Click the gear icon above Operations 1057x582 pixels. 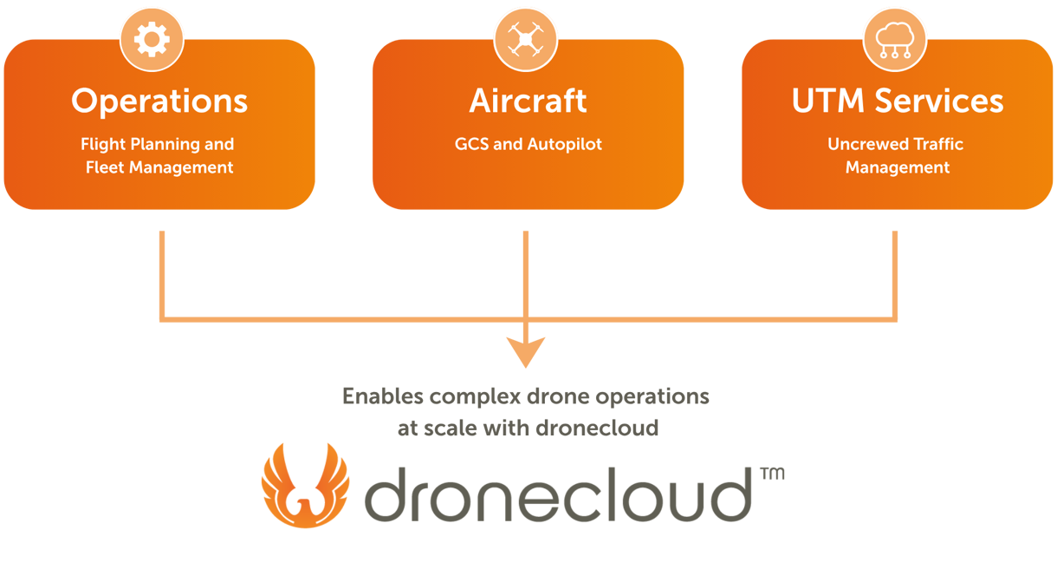pos(152,40)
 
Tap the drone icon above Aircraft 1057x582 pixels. pos(526,40)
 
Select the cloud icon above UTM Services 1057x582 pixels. pos(893,40)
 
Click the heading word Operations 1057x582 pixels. pos(159,102)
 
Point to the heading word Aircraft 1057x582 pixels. pos(528,101)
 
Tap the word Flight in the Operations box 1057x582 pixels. pos(103,144)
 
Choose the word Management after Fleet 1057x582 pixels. pos(182,168)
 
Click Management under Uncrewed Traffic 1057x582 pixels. pos(898,167)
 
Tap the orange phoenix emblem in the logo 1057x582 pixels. pos(304,486)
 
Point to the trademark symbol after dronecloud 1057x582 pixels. pos(777,479)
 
